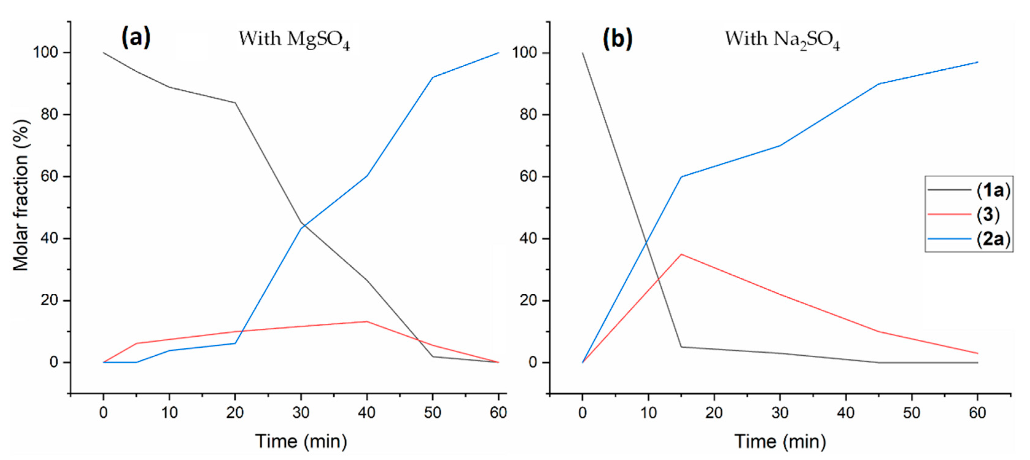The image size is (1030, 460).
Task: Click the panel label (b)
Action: [617, 39]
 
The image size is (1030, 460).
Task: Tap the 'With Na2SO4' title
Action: [782, 40]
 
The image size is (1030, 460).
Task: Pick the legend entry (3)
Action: [988, 215]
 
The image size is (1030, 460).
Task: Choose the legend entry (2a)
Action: [993, 239]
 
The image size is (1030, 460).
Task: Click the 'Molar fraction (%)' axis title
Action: [21, 195]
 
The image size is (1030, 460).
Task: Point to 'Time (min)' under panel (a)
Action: [301, 442]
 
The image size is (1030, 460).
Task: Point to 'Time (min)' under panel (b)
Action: [780, 442]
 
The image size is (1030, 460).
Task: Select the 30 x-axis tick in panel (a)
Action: [301, 412]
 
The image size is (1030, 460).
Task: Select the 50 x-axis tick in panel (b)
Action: [911, 412]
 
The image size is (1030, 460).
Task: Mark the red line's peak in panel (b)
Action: [681, 254]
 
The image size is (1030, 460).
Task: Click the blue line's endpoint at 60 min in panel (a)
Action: [498, 53]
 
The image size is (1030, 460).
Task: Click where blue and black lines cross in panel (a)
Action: [303, 225]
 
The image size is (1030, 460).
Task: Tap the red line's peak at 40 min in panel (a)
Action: [367, 321]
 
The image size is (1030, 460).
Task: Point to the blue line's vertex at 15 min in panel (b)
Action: [681, 177]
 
